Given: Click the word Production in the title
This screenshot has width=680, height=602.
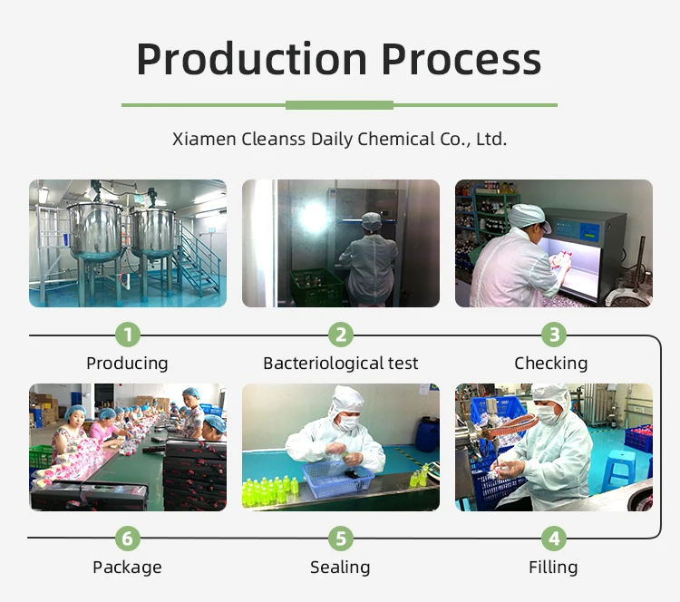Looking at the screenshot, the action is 252,60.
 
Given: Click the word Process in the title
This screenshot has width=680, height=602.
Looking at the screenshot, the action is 461,60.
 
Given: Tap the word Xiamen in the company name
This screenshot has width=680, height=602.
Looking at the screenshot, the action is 204,140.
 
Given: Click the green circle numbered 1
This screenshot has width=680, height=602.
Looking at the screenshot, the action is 128,335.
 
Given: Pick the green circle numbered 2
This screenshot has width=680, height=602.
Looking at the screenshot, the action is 340,335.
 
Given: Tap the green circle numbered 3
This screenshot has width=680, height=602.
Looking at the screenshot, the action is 554,335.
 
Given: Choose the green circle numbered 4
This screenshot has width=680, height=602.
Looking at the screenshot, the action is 554,539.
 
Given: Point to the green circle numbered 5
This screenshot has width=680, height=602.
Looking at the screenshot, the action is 340,539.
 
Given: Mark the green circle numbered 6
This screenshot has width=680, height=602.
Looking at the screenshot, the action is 128,539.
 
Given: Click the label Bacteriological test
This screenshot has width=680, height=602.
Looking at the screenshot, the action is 340,363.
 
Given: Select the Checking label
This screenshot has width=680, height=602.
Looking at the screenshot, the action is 550,364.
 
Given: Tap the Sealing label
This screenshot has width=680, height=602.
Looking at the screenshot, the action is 340,568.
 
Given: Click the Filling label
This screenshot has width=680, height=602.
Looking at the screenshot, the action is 553,568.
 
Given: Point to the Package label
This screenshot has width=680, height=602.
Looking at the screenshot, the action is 127,568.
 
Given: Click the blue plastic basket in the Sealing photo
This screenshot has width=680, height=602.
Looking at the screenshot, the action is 338,480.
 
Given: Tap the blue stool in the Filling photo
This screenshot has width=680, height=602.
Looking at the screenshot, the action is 619,469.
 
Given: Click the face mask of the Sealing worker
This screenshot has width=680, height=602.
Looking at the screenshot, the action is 348,422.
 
